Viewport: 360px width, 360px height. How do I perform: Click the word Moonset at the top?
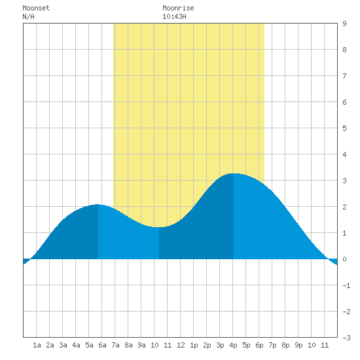pyautogui.click(x=36, y=8)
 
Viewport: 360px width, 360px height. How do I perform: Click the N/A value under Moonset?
pyautogui.click(x=28, y=16)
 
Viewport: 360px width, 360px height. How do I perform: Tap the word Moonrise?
pyautogui.click(x=178, y=8)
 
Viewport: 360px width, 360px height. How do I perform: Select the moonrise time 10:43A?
pyautogui.click(x=174, y=16)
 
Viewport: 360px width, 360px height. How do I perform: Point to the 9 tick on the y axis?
pyautogui.click(x=344, y=24)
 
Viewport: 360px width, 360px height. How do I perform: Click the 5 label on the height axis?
pyautogui.click(x=344, y=128)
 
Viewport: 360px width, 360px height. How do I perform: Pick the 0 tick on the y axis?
pyautogui.click(x=344, y=259)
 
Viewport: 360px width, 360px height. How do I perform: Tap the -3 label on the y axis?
pyautogui.click(x=346, y=338)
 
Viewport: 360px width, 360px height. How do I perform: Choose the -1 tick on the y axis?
pyautogui.click(x=346, y=285)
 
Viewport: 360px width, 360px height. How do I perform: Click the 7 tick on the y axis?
pyautogui.click(x=344, y=76)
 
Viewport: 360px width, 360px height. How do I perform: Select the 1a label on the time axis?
pyautogui.click(x=37, y=345)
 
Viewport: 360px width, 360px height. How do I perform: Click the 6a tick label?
pyautogui.click(x=102, y=345)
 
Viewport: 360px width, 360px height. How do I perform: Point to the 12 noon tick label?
pyautogui.click(x=181, y=345)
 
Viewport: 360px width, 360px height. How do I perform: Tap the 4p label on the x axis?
pyautogui.click(x=233, y=345)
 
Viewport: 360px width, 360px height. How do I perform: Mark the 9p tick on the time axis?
pyautogui.click(x=298, y=345)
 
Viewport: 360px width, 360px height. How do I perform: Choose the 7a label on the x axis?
pyautogui.click(x=115, y=345)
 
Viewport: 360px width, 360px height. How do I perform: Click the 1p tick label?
pyautogui.click(x=194, y=345)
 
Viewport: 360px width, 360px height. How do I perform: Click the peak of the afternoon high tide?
pyautogui.click(x=234, y=173)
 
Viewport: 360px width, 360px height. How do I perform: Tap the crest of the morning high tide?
pyautogui.click(x=98, y=204)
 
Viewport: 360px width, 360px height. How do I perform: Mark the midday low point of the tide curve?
pyautogui.click(x=159, y=227)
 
